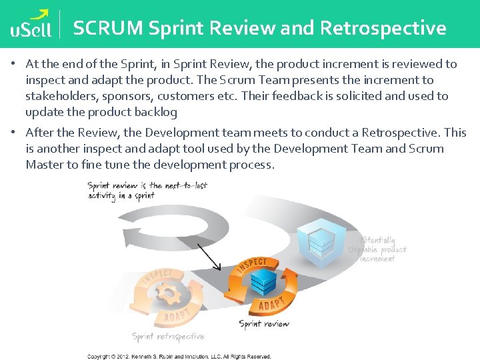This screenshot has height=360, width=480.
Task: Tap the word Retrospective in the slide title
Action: point(383,28)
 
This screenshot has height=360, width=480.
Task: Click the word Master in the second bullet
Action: point(44,165)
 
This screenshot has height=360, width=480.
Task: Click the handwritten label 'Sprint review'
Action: point(264,325)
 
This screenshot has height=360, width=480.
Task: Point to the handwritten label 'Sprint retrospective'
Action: point(168,337)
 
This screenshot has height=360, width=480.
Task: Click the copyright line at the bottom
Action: point(179,357)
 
